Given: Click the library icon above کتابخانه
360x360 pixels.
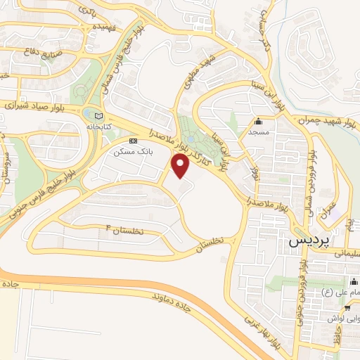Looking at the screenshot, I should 98,115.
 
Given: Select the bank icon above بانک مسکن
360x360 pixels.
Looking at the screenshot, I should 133,140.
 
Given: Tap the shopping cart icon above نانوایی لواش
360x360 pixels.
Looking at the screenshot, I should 347,307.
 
